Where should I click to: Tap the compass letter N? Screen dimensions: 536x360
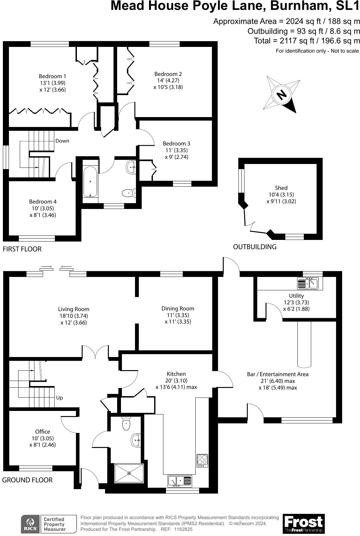click(281, 95)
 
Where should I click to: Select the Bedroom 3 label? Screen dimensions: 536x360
click(176, 144)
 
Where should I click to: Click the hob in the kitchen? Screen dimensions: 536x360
click(202, 460)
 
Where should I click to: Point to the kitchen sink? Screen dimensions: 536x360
click(180, 481)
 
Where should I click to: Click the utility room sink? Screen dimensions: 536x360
click(307, 283)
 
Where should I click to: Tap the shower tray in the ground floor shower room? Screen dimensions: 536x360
click(129, 473)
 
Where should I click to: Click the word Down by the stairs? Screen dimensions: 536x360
click(62, 141)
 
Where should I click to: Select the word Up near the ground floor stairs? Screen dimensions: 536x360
click(59, 398)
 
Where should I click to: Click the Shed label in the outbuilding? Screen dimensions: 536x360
click(281, 188)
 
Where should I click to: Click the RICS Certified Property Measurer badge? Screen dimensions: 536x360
click(49, 524)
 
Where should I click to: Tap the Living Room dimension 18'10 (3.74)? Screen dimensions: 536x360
click(73, 316)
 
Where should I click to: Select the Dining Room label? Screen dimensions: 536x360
click(177, 309)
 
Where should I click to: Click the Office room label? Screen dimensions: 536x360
click(42, 431)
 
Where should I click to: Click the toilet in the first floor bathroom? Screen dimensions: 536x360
click(128, 193)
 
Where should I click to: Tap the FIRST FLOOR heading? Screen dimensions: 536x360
click(22, 249)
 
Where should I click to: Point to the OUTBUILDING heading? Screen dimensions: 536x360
click(254, 247)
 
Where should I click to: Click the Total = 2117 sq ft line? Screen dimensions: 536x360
click(307, 41)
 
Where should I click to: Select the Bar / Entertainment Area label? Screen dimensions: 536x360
click(278, 374)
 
